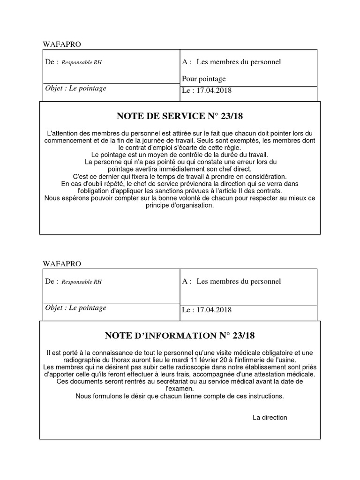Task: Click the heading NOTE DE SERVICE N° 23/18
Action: tap(180, 116)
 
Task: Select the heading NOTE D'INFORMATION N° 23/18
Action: tap(180, 336)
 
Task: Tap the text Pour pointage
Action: tap(203, 78)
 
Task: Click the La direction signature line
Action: tap(270, 417)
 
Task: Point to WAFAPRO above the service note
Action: tap(62, 45)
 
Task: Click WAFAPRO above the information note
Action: tap(62, 264)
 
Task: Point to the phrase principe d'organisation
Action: tap(180, 205)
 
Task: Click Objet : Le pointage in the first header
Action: tap(75, 88)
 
